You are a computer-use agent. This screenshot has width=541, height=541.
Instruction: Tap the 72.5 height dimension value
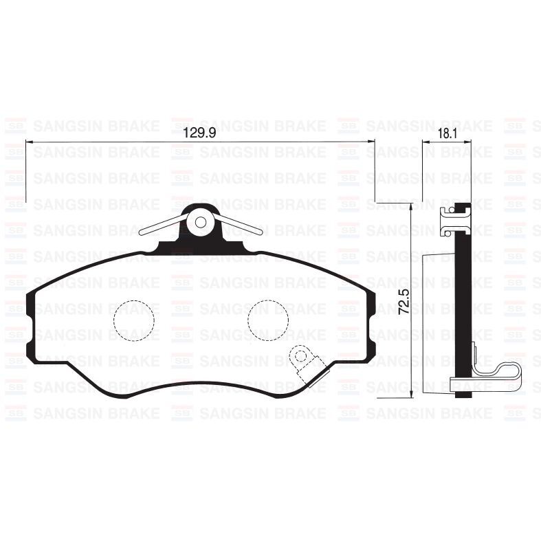coord(404,302)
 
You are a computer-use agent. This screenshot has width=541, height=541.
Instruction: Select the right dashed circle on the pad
coord(267,320)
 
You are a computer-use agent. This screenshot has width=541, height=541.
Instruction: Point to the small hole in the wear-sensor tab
coord(300,355)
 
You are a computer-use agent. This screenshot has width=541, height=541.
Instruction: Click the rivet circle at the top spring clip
coord(201,221)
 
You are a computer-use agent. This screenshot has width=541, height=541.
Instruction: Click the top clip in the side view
coord(454,219)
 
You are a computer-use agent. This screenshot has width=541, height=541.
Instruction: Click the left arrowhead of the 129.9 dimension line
coord(28,142)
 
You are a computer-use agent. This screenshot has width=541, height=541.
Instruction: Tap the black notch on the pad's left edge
coord(30,327)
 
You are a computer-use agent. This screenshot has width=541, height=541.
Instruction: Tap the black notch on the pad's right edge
coord(372,327)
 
